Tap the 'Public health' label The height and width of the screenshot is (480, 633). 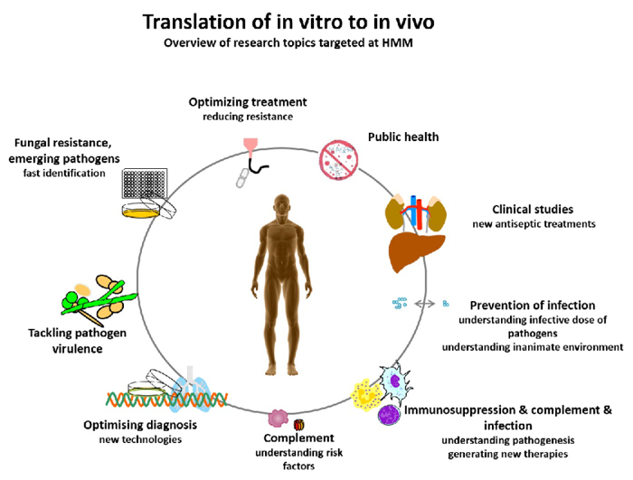coord(402,136)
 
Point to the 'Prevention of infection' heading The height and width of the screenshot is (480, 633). coord(532,305)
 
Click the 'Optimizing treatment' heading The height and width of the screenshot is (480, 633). coord(247,101)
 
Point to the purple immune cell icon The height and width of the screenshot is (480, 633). coord(390,415)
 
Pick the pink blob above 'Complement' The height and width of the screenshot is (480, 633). coord(276,419)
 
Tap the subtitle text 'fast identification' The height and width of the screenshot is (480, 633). coord(64,173)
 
